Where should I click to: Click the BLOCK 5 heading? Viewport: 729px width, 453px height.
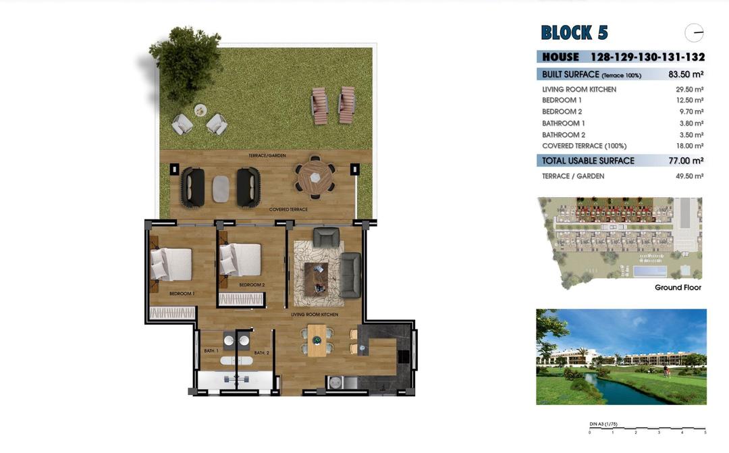coord(574,32)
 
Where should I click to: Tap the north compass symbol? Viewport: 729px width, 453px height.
coord(694,32)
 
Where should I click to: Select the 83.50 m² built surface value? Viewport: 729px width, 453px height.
coord(686,75)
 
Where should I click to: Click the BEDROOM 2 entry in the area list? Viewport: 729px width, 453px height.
coord(562,111)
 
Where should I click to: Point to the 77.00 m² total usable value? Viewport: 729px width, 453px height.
coord(686,161)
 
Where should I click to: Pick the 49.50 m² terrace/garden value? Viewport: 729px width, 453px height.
coord(690,176)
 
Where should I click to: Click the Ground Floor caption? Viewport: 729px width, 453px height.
coord(678,288)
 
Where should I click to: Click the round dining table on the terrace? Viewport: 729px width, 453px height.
coord(315,178)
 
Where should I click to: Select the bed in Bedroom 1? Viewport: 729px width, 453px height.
coord(171,263)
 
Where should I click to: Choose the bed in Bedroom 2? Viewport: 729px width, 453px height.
coord(241,259)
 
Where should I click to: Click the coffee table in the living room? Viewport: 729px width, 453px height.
coord(316,279)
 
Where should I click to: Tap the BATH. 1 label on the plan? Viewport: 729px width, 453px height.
coord(211,351)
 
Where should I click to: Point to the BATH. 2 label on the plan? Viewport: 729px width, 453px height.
coord(262,353)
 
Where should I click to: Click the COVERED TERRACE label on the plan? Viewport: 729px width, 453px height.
coord(288,209)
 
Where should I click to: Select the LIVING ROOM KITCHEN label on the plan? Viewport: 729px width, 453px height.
coord(315,315)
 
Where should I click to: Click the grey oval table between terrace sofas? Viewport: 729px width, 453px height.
coord(221,188)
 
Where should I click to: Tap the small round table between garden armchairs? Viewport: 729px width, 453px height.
coord(200,110)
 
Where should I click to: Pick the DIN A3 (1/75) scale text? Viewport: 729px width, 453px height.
coord(603,424)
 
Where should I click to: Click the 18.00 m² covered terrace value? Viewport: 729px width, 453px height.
coord(690,146)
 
